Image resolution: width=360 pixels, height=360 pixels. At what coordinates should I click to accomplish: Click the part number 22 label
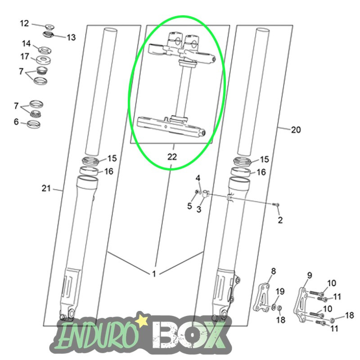(x=172, y=157)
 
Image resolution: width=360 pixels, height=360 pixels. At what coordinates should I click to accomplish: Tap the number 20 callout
(x=296, y=130)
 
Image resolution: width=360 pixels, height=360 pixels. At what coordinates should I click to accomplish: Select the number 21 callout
(x=46, y=188)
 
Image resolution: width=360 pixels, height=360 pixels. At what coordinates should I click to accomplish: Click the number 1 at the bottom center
(x=154, y=274)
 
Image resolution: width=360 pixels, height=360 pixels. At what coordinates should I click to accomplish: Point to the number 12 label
(x=24, y=23)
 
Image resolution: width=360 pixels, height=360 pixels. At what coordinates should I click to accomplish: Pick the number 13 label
(x=71, y=37)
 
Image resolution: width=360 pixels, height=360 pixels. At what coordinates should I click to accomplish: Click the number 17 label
(x=25, y=57)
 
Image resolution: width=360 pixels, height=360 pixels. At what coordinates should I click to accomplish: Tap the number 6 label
(x=16, y=121)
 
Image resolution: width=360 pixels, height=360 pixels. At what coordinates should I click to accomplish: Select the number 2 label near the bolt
(x=280, y=220)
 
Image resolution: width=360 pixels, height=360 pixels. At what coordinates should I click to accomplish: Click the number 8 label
(x=273, y=271)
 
